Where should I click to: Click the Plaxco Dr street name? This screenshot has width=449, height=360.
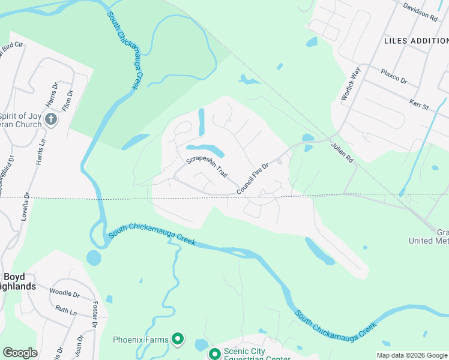tap(394, 76)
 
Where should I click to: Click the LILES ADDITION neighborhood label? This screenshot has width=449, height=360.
tap(415, 40)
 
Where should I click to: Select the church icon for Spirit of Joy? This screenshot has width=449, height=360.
tap(51, 119)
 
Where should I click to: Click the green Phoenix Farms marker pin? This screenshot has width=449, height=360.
tap(177, 340)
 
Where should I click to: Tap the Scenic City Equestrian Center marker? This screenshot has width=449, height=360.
tap(214, 353)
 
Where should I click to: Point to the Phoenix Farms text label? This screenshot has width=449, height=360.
tap(140, 340)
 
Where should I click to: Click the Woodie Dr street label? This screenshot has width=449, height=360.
tap(65, 294)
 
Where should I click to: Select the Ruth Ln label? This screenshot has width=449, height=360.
tap(66, 311)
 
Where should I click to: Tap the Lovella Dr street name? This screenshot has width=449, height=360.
tap(25, 208)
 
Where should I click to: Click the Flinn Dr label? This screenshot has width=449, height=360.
tap(69, 100)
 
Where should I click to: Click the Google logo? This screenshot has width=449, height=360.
tap(20, 353)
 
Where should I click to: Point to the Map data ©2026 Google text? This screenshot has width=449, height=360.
tap(412, 355)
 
